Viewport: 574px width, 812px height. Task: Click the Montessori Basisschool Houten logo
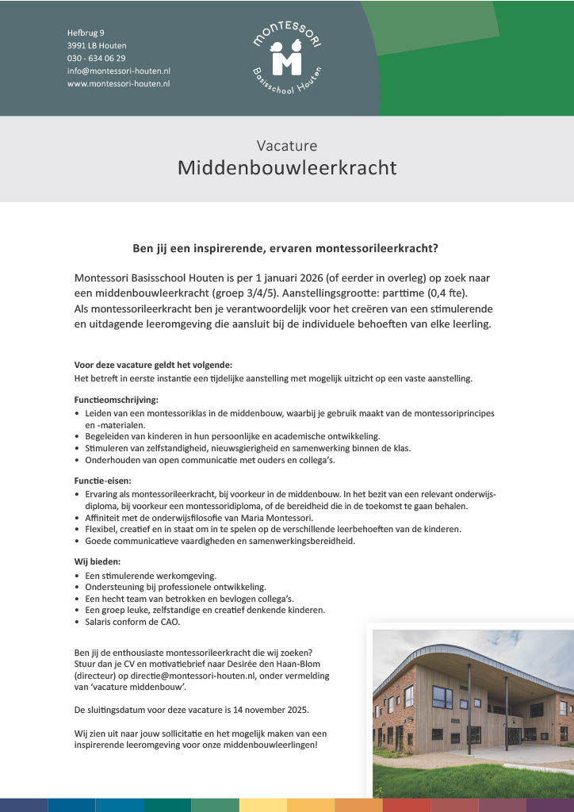click(x=286, y=57)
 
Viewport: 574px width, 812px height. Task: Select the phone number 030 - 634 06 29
click(x=96, y=58)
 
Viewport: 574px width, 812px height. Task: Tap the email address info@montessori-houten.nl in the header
click(x=119, y=71)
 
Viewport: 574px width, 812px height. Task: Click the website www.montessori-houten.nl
click(x=118, y=83)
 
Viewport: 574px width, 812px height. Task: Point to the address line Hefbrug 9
click(x=86, y=33)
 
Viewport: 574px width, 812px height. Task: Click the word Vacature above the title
click(x=286, y=145)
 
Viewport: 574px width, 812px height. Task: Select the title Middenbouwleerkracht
click(x=286, y=168)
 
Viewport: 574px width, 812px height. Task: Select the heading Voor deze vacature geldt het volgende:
click(x=153, y=365)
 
